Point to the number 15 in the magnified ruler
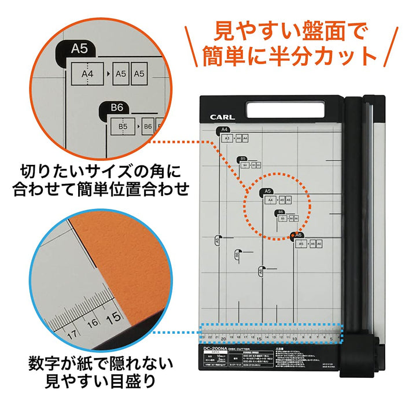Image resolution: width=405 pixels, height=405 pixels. coord(115,318)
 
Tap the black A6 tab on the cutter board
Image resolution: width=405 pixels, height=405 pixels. coord(297,235)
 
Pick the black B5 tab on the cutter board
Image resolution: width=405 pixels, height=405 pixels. coord(243,158)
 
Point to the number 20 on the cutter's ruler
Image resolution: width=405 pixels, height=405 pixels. coord(223,340)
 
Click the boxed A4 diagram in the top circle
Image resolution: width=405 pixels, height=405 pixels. coord(89,73)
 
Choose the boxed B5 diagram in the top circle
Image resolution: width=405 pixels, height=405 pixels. coord(123,126)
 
